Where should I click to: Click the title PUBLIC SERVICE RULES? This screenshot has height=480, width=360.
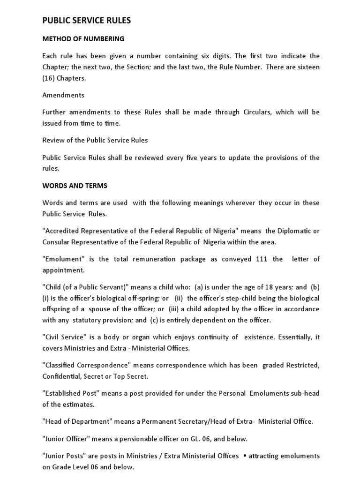pyautogui.click(x=87, y=21)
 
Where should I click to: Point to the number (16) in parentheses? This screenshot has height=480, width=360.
pyautogui.click(x=49, y=78)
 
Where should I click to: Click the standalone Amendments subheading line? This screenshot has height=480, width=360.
pyautogui.click(x=63, y=95)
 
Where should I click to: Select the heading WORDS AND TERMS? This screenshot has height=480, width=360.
pyautogui.click(x=75, y=186)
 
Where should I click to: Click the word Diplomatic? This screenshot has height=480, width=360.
pyautogui.click(x=293, y=231)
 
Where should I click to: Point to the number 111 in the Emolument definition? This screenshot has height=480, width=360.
pyautogui.click(x=262, y=259)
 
